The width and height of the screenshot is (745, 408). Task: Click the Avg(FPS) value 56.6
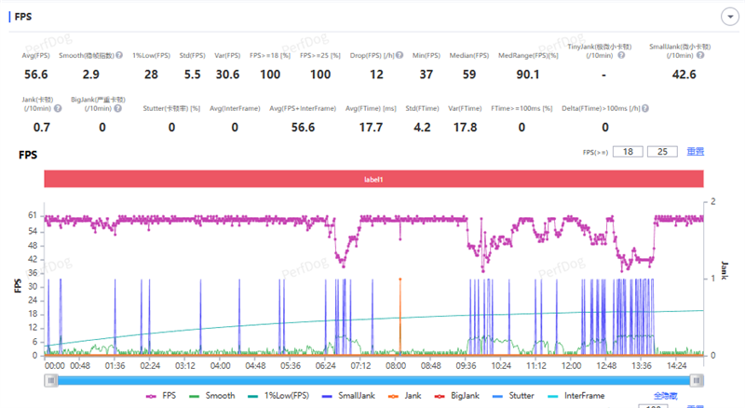pos(36,74)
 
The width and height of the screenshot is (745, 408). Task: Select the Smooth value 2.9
pos(90,74)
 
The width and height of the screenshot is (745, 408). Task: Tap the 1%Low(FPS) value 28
pos(150,74)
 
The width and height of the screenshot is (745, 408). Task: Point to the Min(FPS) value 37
pos(427,74)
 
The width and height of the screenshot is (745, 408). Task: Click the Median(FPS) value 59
pos(468,74)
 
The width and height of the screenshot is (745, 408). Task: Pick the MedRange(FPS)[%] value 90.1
pos(528,74)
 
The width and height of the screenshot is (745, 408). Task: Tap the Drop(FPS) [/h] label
pos(376,55)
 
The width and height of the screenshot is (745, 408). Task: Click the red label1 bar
pos(373,178)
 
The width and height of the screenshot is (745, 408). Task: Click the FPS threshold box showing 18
pos(629,152)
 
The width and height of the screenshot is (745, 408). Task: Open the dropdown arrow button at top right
pos(729,17)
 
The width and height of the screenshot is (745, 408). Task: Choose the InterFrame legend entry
pos(580,395)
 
